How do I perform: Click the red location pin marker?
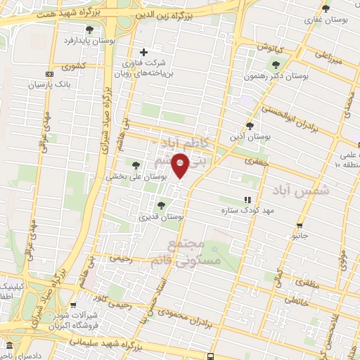[181, 166]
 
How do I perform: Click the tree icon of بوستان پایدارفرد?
[90, 29]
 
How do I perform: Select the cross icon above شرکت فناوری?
[144, 52]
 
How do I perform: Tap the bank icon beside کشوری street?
[49, 74]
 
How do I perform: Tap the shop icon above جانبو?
[300, 226]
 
